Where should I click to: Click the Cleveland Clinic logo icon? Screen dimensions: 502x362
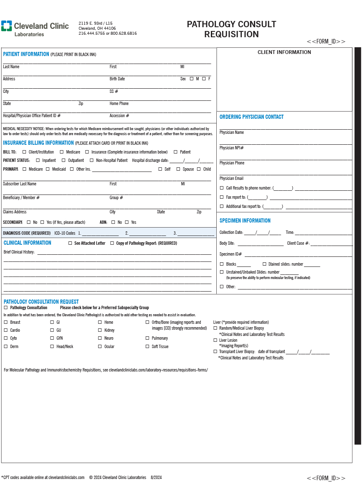(7, 26)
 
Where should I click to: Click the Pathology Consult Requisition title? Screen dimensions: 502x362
(231, 29)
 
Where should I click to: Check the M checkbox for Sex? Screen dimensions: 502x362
(192, 79)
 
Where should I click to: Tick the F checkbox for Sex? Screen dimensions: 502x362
(204, 79)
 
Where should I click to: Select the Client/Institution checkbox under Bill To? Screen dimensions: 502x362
(24, 152)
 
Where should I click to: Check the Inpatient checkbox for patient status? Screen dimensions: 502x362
(38, 160)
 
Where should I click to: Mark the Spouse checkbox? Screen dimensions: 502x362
(178, 169)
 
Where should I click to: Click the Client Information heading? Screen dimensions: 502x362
(284, 52)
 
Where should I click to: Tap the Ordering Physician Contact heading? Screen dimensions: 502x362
(251, 117)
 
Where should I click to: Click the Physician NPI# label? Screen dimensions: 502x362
(232, 148)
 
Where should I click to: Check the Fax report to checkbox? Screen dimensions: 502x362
(222, 197)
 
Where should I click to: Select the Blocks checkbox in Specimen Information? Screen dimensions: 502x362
(222, 264)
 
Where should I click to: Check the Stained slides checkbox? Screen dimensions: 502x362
(264, 264)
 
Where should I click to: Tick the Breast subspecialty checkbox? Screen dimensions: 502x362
(6, 322)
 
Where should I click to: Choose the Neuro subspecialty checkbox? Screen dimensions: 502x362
(100, 338)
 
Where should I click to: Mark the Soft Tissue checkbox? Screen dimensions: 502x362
(147, 346)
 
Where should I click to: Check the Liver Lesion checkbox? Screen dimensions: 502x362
(215, 340)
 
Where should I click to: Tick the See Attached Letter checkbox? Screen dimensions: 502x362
(70, 243)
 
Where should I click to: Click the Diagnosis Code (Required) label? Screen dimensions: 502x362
(27, 233)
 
